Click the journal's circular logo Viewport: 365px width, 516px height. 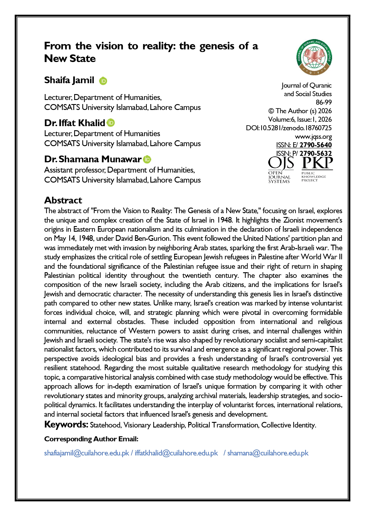click(x=314, y=57)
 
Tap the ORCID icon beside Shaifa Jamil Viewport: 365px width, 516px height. click(x=103, y=81)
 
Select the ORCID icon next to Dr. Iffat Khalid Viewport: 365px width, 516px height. click(x=111, y=123)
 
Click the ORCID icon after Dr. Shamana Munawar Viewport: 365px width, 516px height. click(x=147, y=159)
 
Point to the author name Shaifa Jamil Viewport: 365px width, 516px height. click(x=69, y=80)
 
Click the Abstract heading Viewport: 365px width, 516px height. click(x=63, y=200)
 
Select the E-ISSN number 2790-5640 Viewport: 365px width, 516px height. click(x=315, y=145)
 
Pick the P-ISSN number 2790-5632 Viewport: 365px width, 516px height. click(x=315, y=153)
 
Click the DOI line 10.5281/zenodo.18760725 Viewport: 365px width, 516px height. click(x=289, y=128)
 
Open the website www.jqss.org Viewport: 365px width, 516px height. click(x=313, y=136)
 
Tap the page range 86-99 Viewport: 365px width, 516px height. click(x=324, y=102)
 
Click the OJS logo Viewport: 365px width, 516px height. click(x=281, y=170)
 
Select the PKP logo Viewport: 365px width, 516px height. click(x=317, y=169)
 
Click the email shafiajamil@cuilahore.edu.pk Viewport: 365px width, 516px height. click(x=86, y=453)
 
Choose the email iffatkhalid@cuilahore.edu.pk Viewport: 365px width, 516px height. click(x=176, y=453)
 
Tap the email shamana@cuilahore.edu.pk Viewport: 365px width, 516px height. click(x=268, y=453)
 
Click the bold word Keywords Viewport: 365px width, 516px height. click(x=66, y=425)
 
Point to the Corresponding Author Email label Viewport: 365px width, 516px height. click(x=91, y=439)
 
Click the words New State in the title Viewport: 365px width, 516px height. click(x=70, y=59)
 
